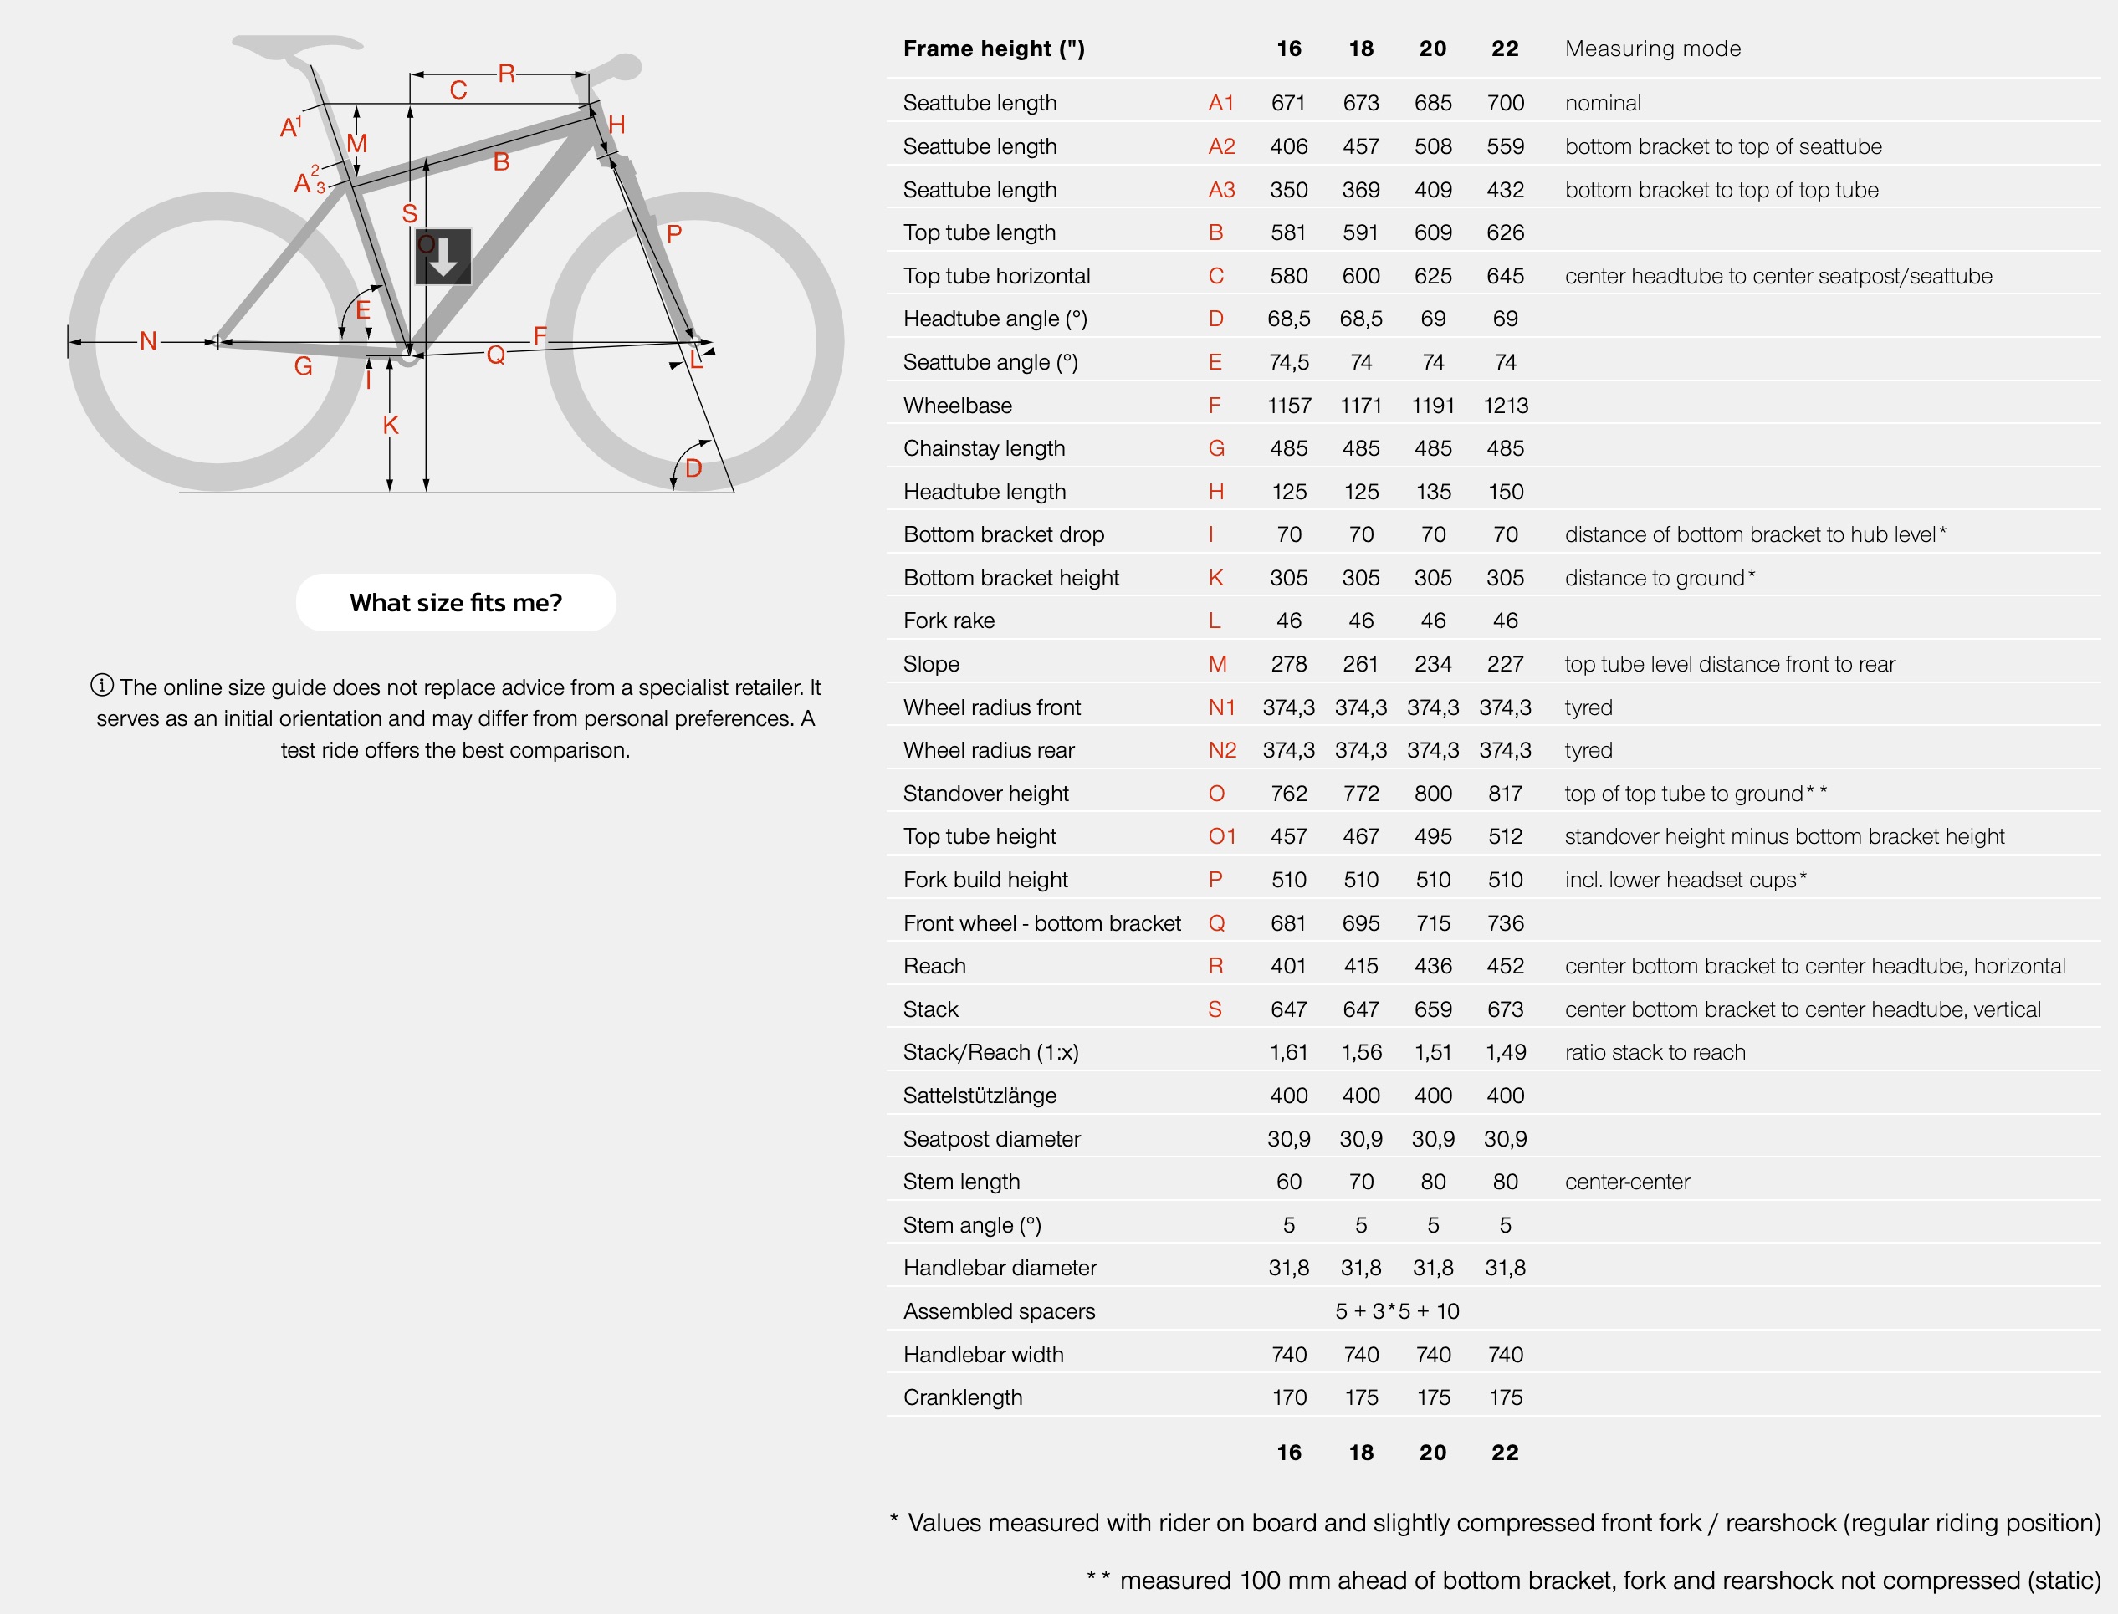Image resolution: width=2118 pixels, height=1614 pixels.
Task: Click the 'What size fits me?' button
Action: click(456, 602)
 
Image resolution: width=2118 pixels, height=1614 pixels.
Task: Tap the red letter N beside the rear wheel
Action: click(147, 341)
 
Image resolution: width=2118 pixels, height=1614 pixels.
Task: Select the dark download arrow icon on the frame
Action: click(443, 257)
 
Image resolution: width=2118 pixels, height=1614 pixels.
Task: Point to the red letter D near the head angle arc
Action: click(693, 469)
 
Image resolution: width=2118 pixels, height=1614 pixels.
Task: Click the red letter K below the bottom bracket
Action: click(390, 426)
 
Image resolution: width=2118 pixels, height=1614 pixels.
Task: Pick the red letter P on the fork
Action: click(673, 233)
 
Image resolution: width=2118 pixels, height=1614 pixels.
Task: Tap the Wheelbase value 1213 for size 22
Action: click(1505, 406)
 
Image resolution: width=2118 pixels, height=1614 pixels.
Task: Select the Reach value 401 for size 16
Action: click(1289, 966)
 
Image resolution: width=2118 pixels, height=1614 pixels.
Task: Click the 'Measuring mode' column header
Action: click(1652, 49)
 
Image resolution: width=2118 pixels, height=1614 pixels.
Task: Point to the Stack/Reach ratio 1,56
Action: click(1361, 1052)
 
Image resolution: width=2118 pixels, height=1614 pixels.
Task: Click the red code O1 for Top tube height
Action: click(1221, 837)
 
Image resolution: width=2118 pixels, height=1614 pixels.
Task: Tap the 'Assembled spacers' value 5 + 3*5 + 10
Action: click(1396, 1311)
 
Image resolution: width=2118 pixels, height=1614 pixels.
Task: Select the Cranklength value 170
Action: click(1289, 1398)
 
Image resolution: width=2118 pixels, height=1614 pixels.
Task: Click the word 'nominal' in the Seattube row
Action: click(1602, 104)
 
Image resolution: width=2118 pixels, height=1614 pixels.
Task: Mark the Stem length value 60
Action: click(1289, 1182)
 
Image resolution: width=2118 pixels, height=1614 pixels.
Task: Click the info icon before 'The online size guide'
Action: click(102, 685)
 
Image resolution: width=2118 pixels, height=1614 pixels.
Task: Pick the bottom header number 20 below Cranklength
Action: click(1432, 1453)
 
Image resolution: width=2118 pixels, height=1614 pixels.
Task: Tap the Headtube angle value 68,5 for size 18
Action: click(1361, 319)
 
